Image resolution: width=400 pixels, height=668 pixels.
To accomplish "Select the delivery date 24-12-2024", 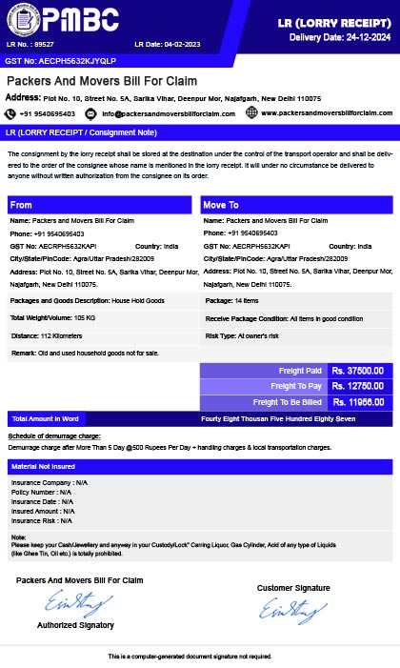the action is [x=357, y=37].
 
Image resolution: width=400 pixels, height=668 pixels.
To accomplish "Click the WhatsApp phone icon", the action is [x=12, y=112].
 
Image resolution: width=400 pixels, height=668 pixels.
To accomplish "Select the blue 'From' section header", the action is [x=101, y=205].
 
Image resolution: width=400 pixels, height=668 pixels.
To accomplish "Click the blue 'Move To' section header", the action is [x=296, y=205].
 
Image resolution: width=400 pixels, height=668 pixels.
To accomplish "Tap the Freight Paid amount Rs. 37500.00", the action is [x=358, y=371].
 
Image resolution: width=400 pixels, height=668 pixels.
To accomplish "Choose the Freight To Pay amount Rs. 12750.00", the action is [x=358, y=386].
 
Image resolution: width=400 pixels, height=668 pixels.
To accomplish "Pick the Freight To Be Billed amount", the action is [x=358, y=402].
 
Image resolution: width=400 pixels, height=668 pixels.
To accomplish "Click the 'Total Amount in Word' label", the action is [x=46, y=418].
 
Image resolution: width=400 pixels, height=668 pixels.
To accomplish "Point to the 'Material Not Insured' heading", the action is [x=43, y=467].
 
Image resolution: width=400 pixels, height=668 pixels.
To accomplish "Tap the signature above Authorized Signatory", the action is [x=70, y=601].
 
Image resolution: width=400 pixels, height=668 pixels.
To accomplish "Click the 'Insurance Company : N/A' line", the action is [x=50, y=483].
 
